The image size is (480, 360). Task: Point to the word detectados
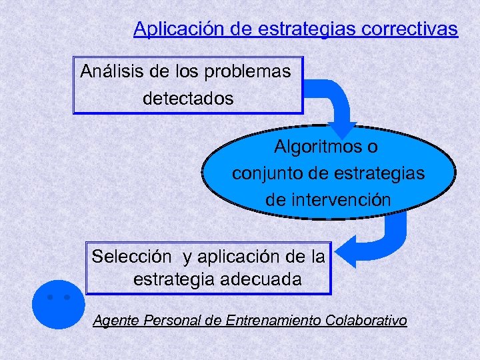188,99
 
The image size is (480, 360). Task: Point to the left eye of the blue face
51,297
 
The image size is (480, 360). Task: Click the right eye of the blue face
67,297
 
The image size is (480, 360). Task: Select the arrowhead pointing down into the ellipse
345,131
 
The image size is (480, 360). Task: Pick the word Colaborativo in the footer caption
366,321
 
